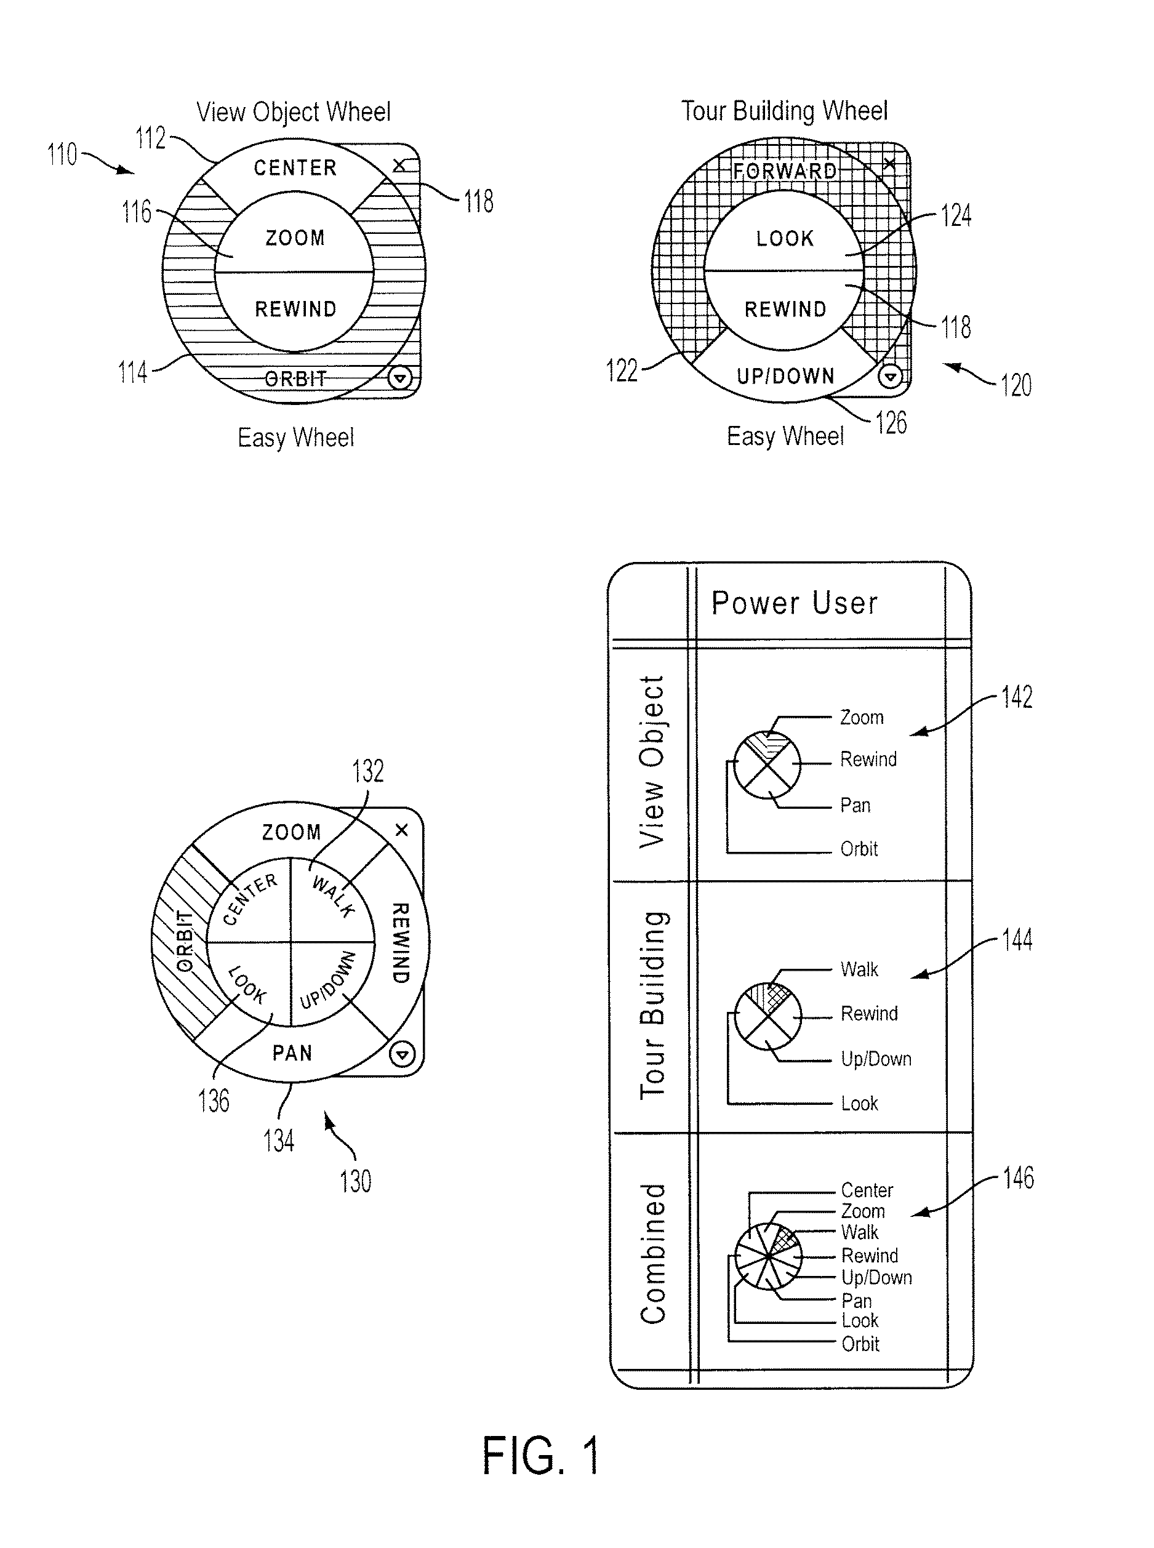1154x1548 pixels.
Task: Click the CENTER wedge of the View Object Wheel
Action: click(x=295, y=167)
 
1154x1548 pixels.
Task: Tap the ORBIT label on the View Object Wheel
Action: click(x=295, y=379)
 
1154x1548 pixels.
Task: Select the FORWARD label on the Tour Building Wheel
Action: click(x=785, y=171)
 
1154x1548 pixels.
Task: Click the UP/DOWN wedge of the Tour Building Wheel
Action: click(x=785, y=376)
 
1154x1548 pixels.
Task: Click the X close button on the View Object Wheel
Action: click(x=399, y=166)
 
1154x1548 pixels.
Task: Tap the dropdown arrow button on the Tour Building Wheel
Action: click(x=889, y=377)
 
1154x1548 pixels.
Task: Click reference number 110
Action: click(x=62, y=154)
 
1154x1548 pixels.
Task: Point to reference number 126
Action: click(x=891, y=423)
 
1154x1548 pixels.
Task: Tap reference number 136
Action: click(x=214, y=1101)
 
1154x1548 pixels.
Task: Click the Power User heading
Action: click(x=794, y=603)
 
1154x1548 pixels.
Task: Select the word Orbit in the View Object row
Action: click(x=859, y=849)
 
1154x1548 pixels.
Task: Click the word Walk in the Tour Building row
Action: click(x=859, y=969)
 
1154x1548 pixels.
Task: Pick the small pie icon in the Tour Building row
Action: click(x=767, y=1016)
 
